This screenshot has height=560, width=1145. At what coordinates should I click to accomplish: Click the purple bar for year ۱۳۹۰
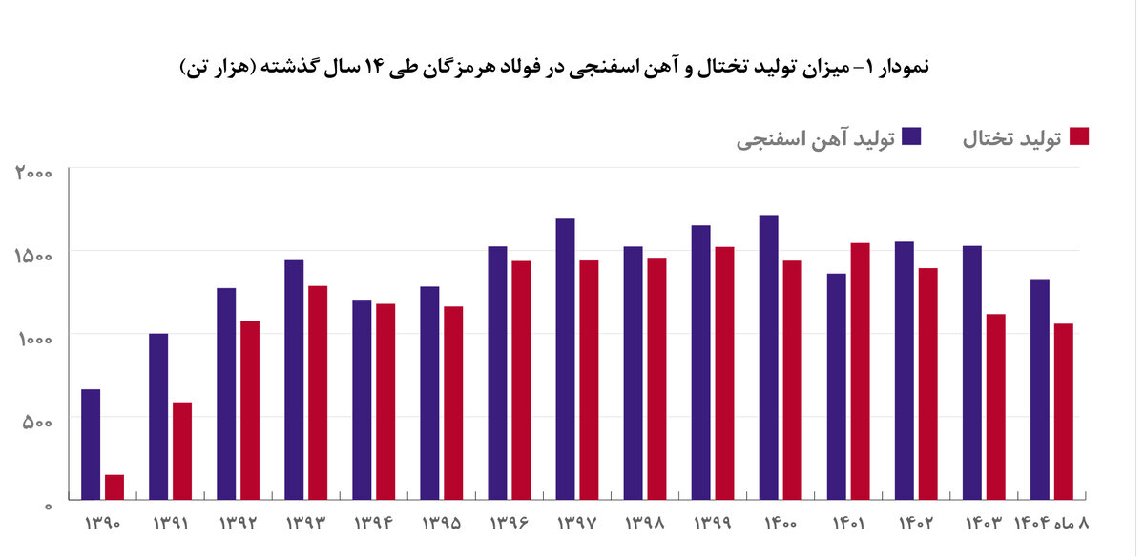[x=91, y=445]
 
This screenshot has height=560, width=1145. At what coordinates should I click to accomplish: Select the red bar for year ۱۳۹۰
[x=114, y=487]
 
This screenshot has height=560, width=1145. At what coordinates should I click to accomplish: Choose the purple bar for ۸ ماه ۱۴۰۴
[x=1040, y=389]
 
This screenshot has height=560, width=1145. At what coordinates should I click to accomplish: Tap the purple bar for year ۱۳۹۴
[x=362, y=400]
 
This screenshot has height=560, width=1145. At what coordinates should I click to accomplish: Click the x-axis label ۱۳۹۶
[x=510, y=524]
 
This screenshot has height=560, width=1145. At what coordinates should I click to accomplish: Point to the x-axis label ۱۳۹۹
[x=713, y=524]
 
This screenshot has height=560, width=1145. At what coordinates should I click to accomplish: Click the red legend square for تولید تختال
[x=1079, y=136]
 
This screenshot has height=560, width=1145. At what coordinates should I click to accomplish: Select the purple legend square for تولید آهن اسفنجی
[x=912, y=136]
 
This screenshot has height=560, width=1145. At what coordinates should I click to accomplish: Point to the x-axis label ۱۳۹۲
[x=238, y=524]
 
